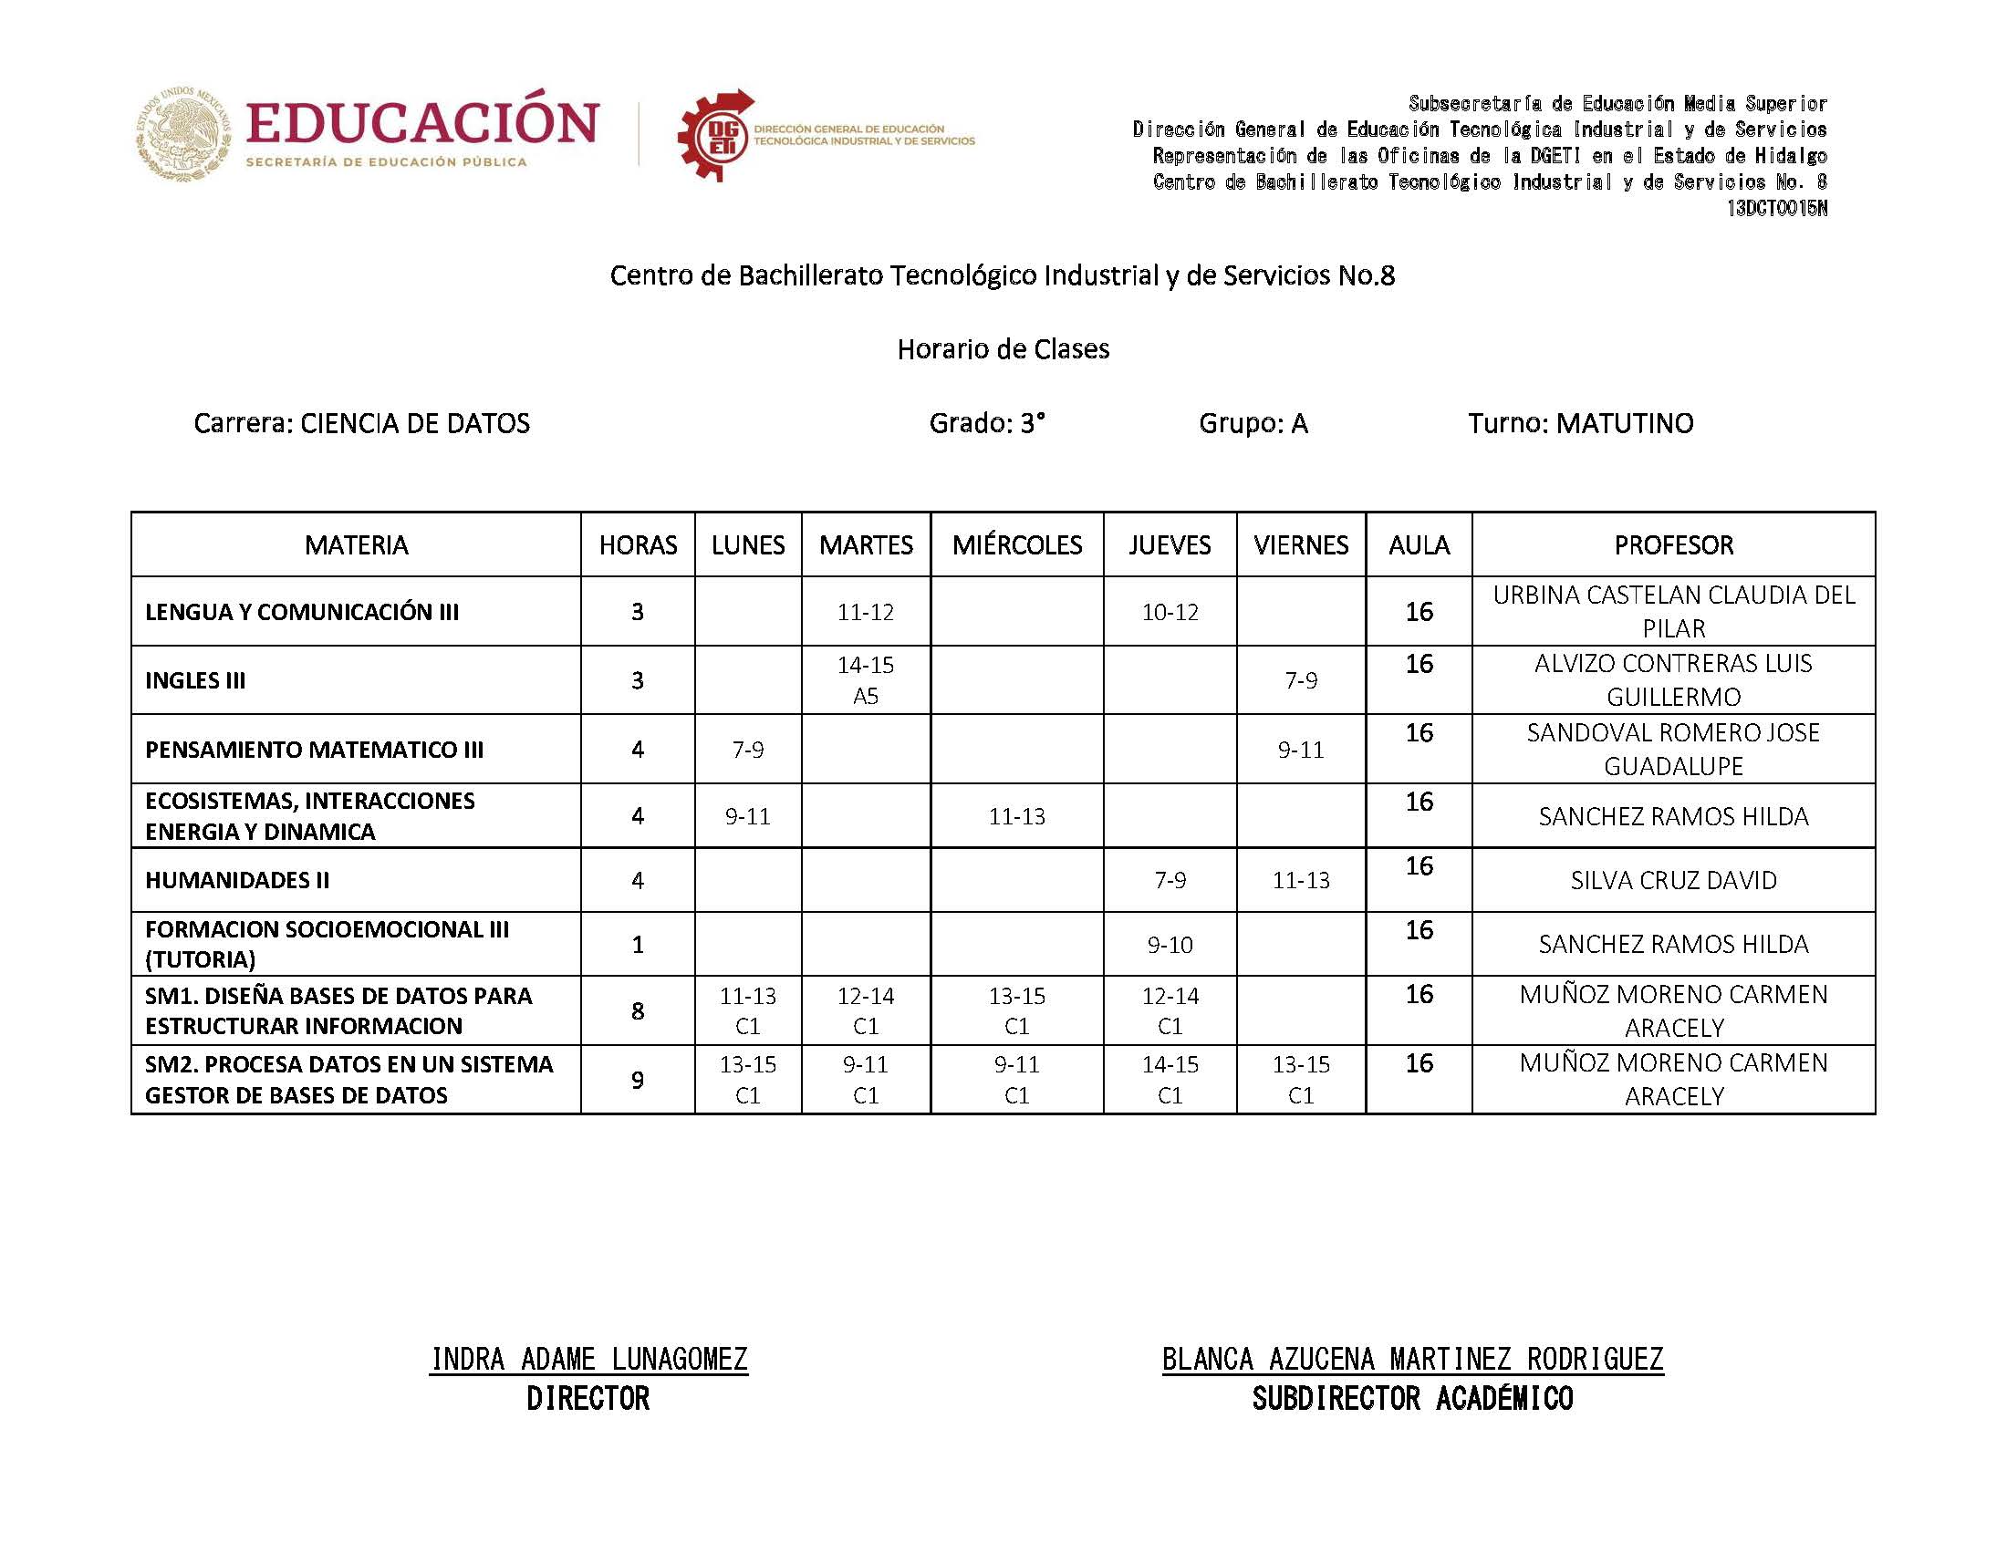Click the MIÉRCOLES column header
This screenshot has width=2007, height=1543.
[1016, 544]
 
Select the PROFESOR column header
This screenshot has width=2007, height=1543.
[1673, 544]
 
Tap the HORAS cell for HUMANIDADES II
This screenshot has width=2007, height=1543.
[638, 880]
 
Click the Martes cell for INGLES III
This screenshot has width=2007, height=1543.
[865, 679]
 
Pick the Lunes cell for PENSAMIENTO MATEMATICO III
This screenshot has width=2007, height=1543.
[748, 750]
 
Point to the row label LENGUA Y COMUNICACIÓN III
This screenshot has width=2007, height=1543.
[302, 612]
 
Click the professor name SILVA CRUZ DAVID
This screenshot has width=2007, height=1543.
[1673, 880]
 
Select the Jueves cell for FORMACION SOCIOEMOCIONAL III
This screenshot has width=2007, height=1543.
[1170, 944]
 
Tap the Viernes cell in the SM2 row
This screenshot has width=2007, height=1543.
[1301, 1079]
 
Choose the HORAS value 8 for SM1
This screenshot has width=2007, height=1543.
[638, 1010]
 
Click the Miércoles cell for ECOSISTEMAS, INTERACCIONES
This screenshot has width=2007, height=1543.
[1016, 815]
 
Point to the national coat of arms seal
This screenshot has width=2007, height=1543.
[183, 134]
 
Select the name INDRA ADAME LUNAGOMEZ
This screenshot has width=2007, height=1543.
[588, 1359]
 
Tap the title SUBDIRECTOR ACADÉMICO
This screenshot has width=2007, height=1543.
[1412, 1399]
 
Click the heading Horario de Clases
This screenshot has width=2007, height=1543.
[1003, 349]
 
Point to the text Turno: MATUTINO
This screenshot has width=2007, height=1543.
[1580, 423]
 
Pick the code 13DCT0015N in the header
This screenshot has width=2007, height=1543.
[1776, 209]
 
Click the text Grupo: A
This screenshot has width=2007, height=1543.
[1253, 423]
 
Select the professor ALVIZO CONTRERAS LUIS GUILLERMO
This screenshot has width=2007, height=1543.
[1673, 679]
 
